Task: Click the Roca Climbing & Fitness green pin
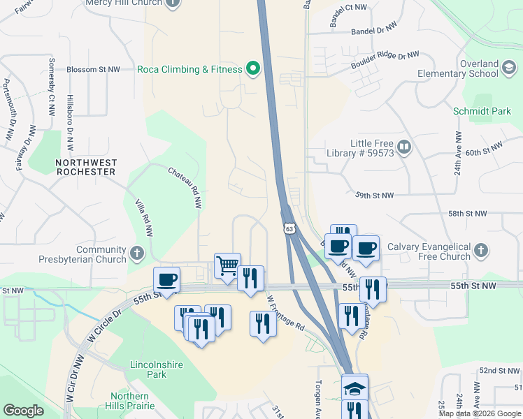click(254, 69)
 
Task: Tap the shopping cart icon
click(227, 265)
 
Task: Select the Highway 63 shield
click(289, 228)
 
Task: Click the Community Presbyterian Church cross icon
click(137, 251)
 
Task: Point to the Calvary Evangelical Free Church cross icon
click(480, 249)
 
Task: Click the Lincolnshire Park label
click(148, 369)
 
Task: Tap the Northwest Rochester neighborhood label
click(86, 166)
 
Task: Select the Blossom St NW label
click(93, 70)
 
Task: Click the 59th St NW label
click(374, 196)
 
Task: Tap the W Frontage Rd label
click(286, 312)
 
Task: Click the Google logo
click(24, 411)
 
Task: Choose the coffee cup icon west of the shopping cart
click(167, 281)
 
